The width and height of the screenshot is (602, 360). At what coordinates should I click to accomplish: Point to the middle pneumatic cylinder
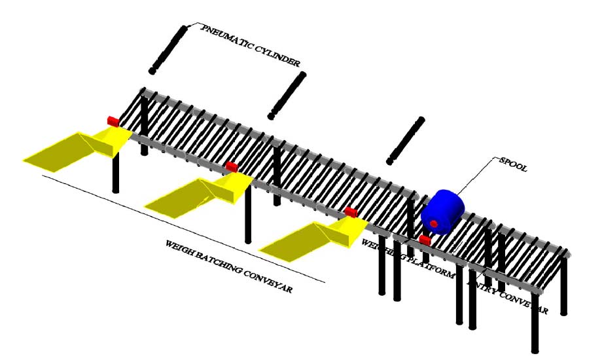point(287,96)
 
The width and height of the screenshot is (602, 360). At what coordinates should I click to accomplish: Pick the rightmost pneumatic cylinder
point(406,139)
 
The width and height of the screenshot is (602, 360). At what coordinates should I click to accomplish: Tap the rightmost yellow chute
point(308,239)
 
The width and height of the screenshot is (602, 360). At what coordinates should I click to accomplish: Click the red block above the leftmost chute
point(113,120)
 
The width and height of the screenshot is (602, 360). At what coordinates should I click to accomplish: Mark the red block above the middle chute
point(230,167)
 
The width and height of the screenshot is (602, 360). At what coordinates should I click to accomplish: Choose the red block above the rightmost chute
point(351,212)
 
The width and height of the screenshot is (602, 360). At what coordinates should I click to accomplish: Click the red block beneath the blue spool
point(425,240)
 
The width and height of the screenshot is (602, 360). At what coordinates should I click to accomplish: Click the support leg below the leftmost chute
point(116,173)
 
